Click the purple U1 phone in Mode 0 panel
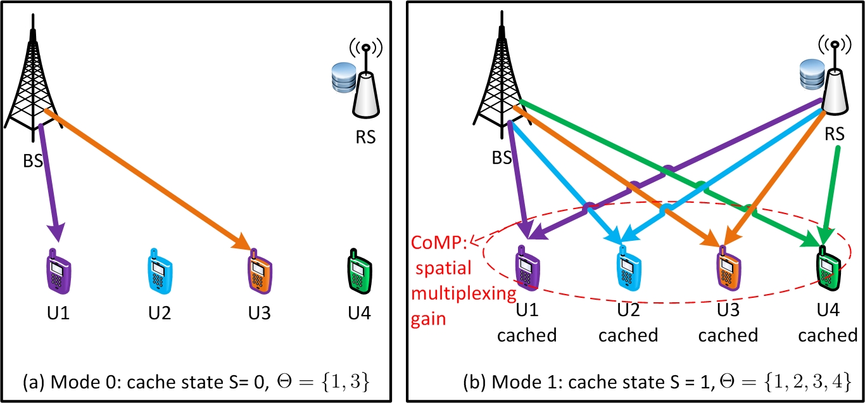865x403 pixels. [59, 272]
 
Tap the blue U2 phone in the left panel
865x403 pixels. [160, 271]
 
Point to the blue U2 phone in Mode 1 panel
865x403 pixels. [629, 268]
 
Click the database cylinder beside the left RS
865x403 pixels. [344, 77]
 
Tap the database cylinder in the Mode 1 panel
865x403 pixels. [812, 75]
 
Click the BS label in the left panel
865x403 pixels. [33, 160]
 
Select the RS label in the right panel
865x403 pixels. [835, 134]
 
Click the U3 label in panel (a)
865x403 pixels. [260, 312]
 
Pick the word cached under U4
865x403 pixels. [828, 335]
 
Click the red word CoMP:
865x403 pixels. [439, 243]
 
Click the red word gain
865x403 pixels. [428, 320]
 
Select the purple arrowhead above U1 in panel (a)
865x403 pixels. [56, 231]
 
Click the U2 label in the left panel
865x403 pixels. [160, 312]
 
